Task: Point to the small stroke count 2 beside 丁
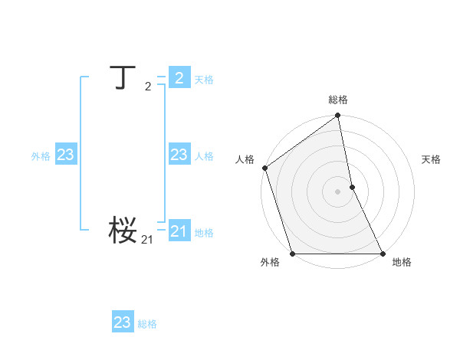(x=148, y=87)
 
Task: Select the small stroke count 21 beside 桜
(x=147, y=241)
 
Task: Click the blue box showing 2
(x=179, y=77)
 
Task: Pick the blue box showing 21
(x=179, y=231)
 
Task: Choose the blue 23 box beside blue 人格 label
(x=179, y=155)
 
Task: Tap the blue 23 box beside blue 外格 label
(x=66, y=155)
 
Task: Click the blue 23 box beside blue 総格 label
(x=123, y=322)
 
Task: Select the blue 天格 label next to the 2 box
(x=204, y=79)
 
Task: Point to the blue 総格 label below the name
(x=147, y=324)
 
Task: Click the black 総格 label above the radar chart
(x=338, y=100)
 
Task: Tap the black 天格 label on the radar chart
(x=431, y=159)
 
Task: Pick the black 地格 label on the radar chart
(x=402, y=262)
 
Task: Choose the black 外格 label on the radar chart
(x=270, y=262)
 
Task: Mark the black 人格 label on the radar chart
(x=245, y=159)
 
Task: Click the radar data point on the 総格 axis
(x=338, y=116)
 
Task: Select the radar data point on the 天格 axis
(x=352, y=187)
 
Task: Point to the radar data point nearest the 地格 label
(x=382, y=253)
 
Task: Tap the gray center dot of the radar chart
(x=338, y=191)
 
